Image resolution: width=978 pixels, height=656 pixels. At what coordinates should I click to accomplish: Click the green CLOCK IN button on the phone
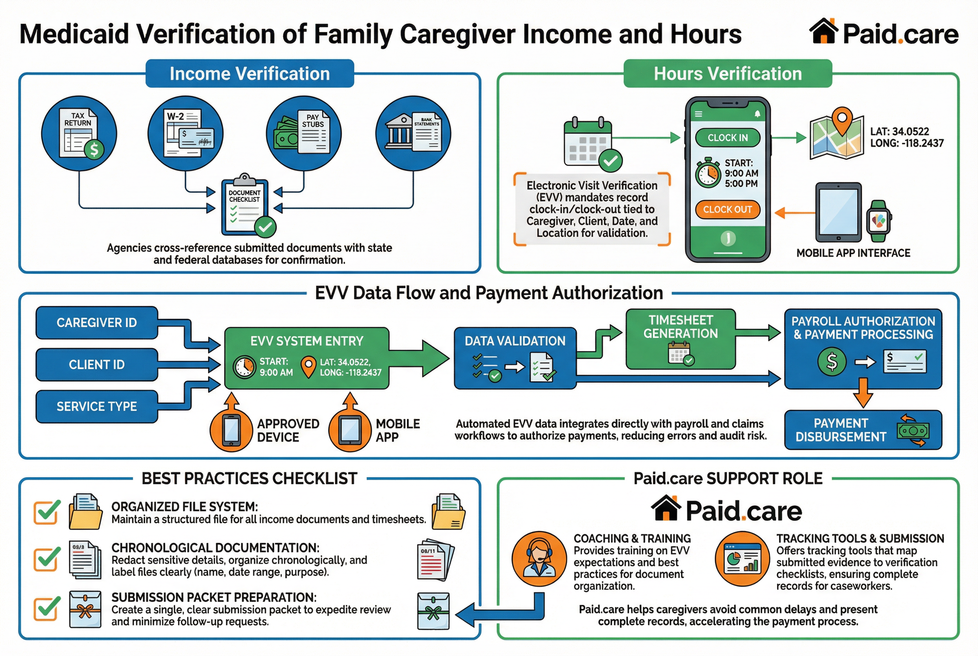coord(727,138)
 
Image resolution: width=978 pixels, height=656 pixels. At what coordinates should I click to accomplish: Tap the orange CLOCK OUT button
coord(727,209)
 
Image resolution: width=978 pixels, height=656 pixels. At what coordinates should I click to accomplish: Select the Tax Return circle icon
coord(79,133)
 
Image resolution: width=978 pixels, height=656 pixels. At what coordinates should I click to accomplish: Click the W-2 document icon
coord(186,133)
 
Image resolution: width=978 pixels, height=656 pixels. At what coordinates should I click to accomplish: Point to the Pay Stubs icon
coord(304,133)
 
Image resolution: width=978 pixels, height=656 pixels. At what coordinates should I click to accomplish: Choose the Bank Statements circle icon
coord(413,133)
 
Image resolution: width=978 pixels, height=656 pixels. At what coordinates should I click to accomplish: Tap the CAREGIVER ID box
coord(97,323)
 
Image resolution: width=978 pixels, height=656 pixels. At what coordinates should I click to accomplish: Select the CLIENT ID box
coord(97,365)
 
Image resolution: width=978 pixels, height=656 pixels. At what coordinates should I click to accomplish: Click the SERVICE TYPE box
coord(97,406)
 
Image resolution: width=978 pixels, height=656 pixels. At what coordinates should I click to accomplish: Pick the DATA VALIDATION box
coord(515,358)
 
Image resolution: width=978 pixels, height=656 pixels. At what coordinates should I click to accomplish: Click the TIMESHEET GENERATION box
coord(681,339)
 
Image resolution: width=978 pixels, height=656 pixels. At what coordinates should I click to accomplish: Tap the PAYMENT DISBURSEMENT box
coord(863,430)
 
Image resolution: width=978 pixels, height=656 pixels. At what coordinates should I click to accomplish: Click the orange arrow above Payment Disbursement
coord(863,393)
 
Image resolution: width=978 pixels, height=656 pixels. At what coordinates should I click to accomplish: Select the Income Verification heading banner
coord(250,74)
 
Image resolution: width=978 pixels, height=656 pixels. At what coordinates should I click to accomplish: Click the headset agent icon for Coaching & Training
coord(539,559)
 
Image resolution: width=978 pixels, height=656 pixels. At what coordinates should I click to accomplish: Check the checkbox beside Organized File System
coord(46,512)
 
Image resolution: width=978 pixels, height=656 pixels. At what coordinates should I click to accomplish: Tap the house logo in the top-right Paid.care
coord(823,31)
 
